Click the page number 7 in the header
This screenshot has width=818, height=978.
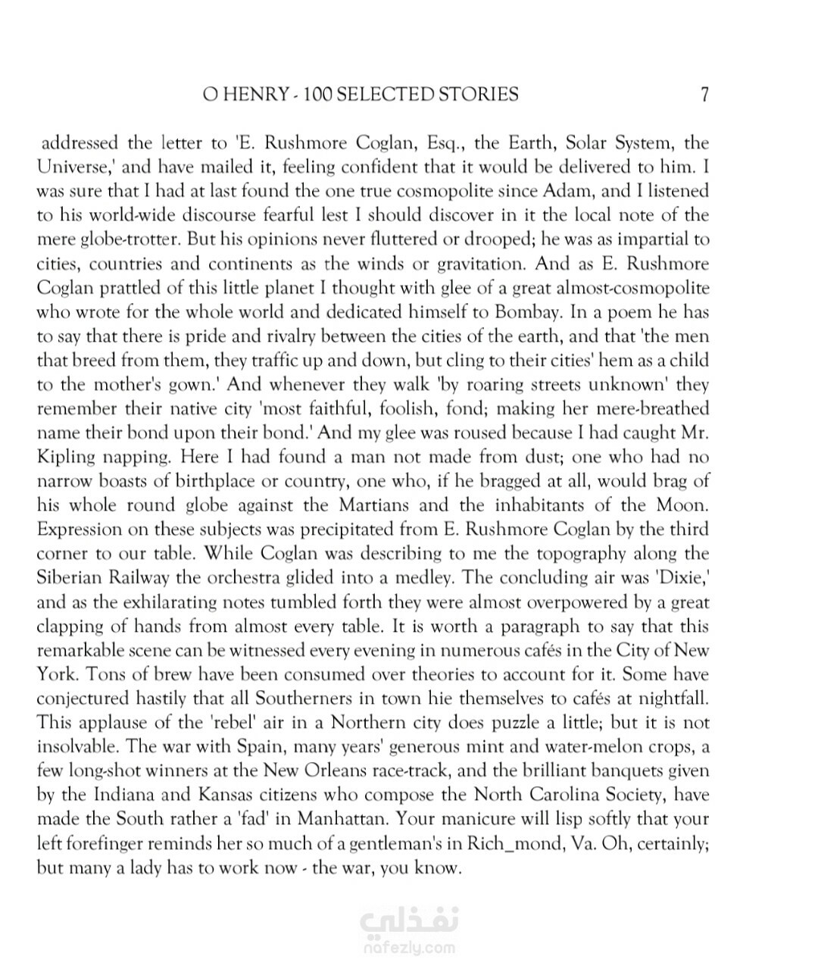704,95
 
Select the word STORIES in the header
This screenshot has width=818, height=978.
482,95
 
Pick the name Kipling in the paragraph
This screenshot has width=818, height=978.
67,458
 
